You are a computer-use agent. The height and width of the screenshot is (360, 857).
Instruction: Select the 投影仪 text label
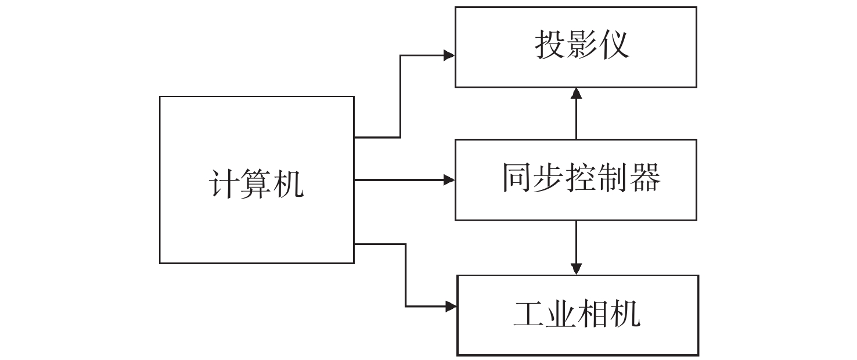coord(581,45)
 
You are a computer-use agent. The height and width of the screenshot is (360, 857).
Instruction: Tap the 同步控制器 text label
coord(581,178)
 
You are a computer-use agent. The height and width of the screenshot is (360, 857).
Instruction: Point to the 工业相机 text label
coord(577,314)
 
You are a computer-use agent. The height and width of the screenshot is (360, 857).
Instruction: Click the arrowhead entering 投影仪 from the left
coord(449,55)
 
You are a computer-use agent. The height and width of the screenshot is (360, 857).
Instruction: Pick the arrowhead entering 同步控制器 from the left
coord(449,180)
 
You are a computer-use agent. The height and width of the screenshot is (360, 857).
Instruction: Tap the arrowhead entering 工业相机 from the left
coord(451,305)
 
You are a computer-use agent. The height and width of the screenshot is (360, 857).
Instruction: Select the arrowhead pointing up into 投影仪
coord(576,93)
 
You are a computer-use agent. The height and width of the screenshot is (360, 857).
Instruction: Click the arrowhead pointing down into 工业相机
coord(576,268)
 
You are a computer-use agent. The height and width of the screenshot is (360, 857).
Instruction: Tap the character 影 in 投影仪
coord(581,45)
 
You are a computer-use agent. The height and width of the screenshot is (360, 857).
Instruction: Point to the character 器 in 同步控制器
coord(645,178)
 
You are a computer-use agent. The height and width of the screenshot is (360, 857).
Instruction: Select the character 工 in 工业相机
coord(529,314)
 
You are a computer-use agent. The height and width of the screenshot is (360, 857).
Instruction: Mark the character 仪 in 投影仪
coord(614,45)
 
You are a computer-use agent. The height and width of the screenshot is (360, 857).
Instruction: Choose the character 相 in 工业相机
coord(594,314)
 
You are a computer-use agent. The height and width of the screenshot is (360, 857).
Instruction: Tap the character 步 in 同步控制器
coord(549,178)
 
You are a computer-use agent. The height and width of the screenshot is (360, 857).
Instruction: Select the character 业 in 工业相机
coord(561,314)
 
